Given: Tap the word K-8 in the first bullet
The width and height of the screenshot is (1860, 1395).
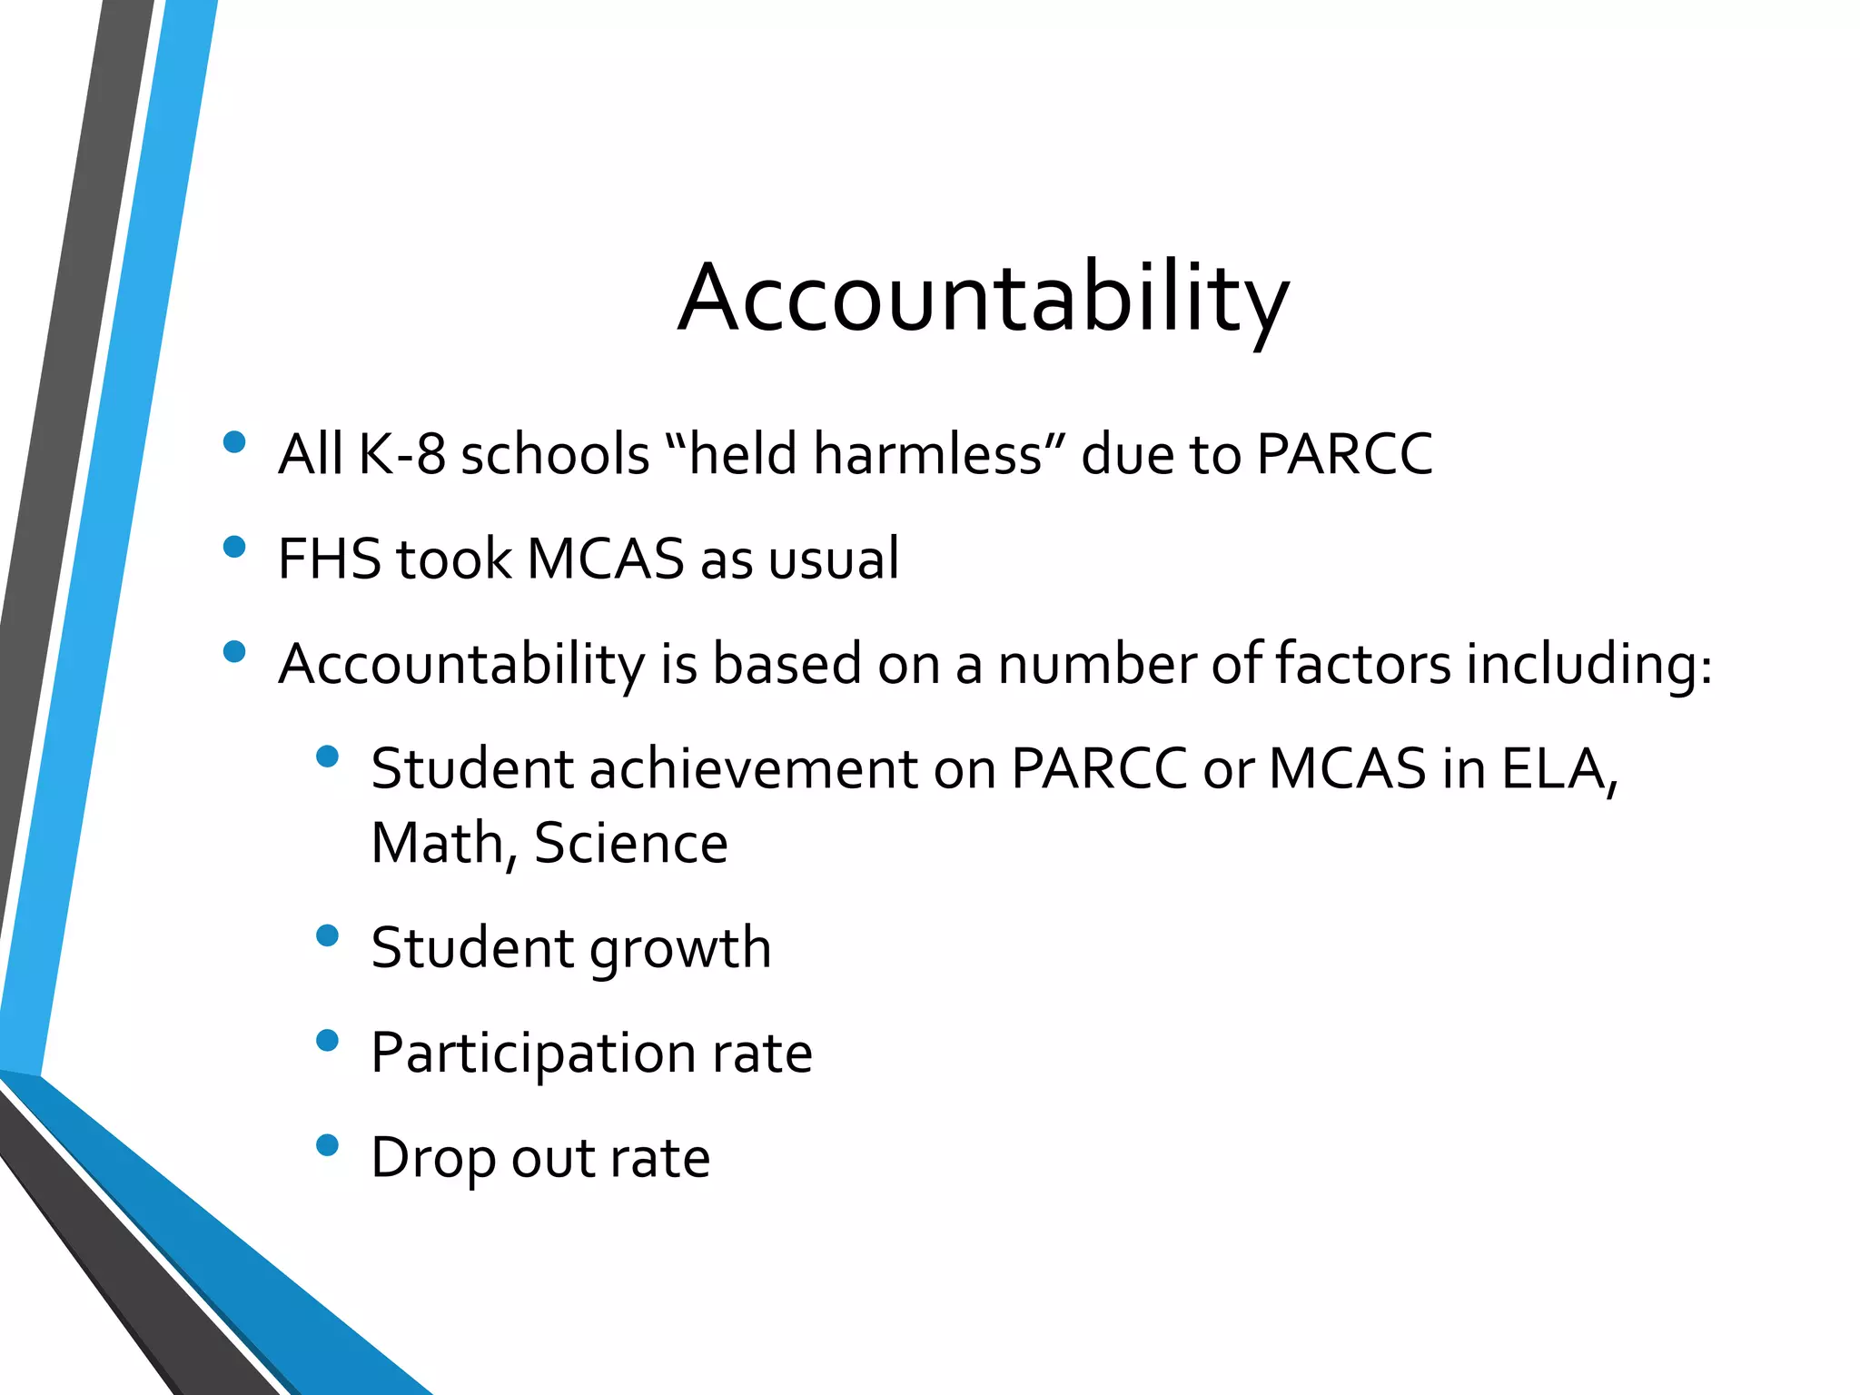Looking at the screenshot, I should tap(402, 454).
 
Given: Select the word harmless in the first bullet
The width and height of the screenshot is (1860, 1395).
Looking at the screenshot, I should tap(927, 454).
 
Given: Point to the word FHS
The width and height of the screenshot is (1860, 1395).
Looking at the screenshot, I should tap(330, 559).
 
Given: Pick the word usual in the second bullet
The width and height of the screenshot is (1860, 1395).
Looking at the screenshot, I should tap(833, 559).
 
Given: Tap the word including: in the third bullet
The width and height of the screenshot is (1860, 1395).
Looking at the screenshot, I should tap(1589, 664).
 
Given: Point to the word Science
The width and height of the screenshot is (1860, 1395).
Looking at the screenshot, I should tap(631, 844).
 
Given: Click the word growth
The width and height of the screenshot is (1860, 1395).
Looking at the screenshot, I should tap(680, 949).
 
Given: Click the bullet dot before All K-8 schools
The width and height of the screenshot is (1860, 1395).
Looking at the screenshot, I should tap(234, 442).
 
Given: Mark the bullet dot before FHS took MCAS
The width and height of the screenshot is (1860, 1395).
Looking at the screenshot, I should tap(234, 547).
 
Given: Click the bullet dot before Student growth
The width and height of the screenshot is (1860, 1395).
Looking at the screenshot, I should tap(327, 935).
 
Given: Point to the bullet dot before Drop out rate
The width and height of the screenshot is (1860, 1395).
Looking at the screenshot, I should tap(327, 1145).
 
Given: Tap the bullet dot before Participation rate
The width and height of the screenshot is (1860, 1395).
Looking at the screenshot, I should tap(327, 1040).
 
